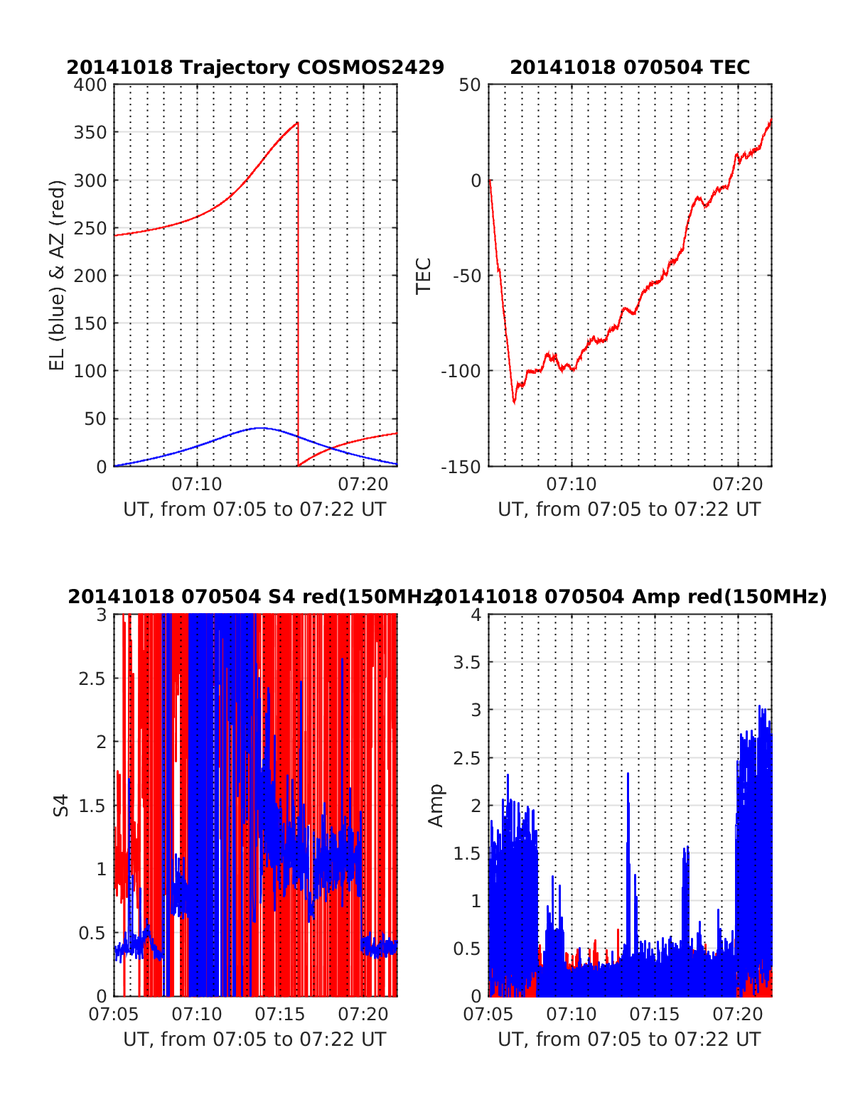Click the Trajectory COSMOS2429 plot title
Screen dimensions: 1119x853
(x=255, y=67)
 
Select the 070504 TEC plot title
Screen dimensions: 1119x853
(x=630, y=67)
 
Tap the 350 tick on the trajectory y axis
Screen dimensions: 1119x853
(x=90, y=133)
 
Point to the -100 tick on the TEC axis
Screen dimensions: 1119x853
(x=461, y=371)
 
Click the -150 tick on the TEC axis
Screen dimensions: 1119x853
(x=461, y=467)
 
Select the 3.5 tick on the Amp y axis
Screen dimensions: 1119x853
(x=467, y=663)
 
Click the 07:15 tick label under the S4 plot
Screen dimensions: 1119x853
(x=280, y=1014)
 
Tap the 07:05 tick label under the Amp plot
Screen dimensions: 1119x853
(x=488, y=1014)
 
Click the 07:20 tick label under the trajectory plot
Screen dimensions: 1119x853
(x=363, y=485)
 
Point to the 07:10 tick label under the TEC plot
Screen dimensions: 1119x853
(x=572, y=485)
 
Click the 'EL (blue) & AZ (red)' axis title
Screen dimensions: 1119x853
(x=57, y=275)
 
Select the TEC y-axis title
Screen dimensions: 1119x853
(x=424, y=276)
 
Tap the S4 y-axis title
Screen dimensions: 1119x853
(x=62, y=806)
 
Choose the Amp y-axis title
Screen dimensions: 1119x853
(x=436, y=806)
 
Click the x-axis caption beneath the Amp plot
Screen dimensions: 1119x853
(x=629, y=1039)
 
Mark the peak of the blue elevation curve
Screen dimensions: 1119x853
(x=261, y=428)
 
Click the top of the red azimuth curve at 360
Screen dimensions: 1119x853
(x=297, y=123)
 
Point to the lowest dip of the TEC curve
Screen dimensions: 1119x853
(x=514, y=402)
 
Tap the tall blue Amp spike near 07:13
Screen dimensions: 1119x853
(x=628, y=774)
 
